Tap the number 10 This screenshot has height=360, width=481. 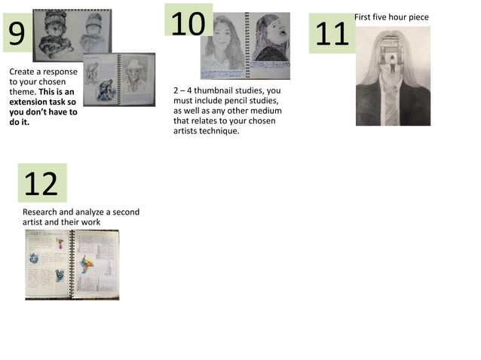click(188, 23)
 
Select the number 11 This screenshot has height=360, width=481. click(332, 34)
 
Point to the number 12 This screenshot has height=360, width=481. click(41, 183)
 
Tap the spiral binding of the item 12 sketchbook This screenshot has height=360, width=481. click(73, 264)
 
